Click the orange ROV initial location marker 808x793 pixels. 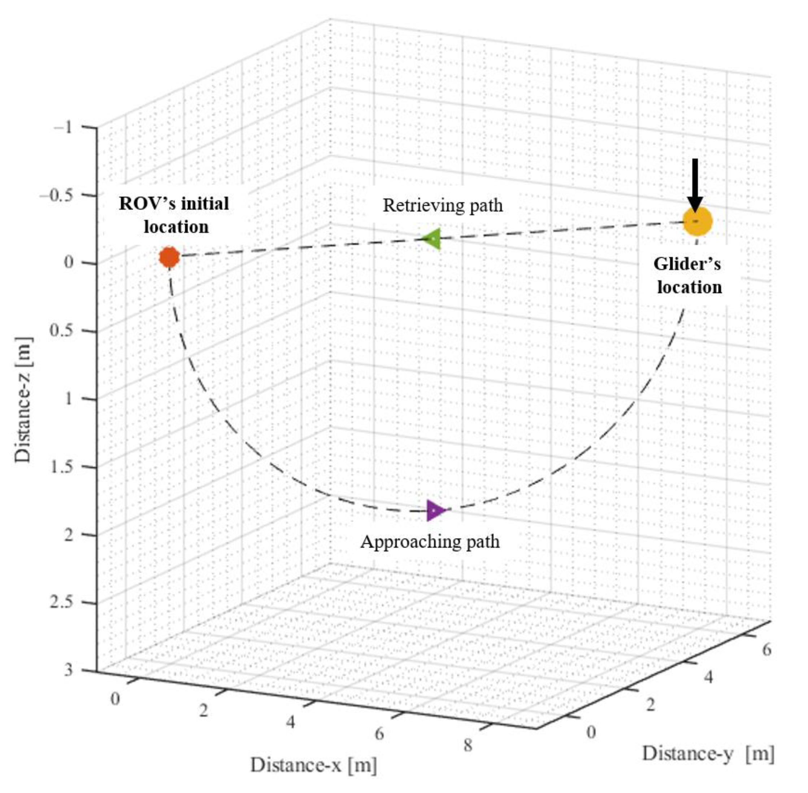pyautogui.click(x=169, y=257)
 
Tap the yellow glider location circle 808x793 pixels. pyautogui.click(x=697, y=221)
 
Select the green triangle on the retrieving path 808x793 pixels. pyautogui.click(x=432, y=239)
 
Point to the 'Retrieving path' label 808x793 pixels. pyautogui.click(x=443, y=205)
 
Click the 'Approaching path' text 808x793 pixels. pyautogui.click(x=430, y=542)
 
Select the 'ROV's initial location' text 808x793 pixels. pyautogui.click(x=174, y=215)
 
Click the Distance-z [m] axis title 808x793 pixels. pyautogui.click(x=23, y=399)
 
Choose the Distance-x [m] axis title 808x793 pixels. pyautogui.click(x=313, y=765)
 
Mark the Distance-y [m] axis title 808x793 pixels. pyautogui.click(x=708, y=753)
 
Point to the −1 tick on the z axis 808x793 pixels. pyautogui.click(x=62, y=127)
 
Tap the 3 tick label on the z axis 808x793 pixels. pyautogui.click(x=68, y=670)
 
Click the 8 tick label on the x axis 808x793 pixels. pyautogui.click(x=468, y=745)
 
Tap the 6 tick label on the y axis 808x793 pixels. pyautogui.click(x=766, y=650)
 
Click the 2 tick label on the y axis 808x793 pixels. pyautogui.click(x=650, y=705)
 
